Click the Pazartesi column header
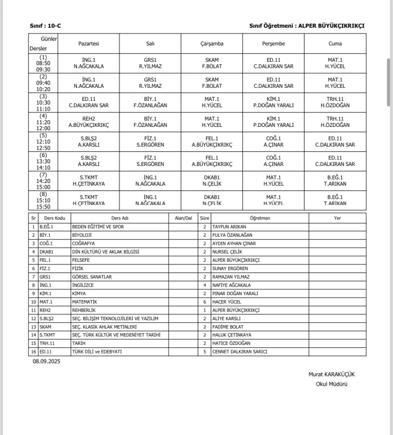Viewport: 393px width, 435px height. click(88, 44)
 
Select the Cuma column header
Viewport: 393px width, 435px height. click(335, 44)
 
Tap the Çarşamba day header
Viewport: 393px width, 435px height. click(212, 44)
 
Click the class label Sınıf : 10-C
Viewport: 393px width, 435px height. click(45, 25)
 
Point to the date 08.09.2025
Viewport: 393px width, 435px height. click(46, 361)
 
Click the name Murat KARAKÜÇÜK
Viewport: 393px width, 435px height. click(332, 374)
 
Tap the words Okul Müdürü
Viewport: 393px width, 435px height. click(332, 384)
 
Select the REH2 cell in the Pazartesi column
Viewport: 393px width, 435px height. click(88, 122)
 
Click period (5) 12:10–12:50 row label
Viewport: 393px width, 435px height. click(44, 141)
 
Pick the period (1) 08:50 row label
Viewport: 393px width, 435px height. click(44, 63)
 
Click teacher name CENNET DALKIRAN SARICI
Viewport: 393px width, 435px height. click(240, 351)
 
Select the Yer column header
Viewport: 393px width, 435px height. click(338, 217)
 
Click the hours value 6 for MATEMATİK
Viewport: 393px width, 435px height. click(205, 302)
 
